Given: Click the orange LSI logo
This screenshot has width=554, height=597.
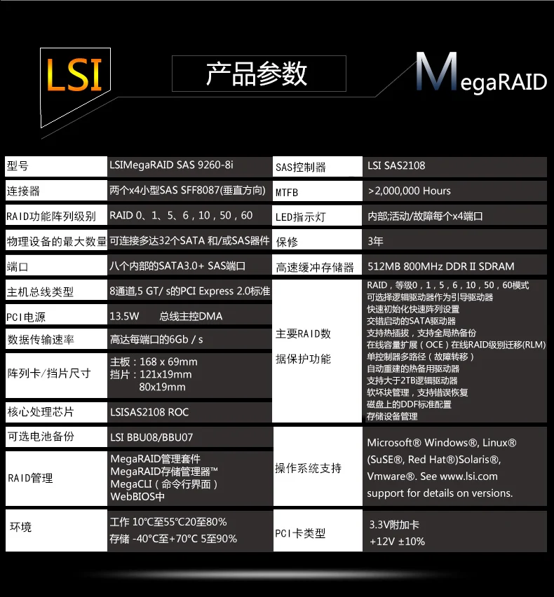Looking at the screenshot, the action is (x=74, y=74).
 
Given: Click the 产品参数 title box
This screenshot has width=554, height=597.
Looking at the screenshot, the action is (x=257, y=74).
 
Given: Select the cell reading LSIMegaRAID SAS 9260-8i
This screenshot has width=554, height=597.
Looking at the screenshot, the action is (x=172, y=165).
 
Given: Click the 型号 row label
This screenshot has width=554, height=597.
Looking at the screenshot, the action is (x=18, y=166).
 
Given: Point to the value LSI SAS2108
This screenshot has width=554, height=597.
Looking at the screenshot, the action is (x=396, y=166).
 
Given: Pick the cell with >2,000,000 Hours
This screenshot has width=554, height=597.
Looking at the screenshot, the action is (x=410, y=191).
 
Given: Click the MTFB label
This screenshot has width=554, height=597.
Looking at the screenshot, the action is (x=287, y=192).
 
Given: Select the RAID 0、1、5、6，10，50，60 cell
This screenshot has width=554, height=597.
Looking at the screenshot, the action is (x=182, y=216).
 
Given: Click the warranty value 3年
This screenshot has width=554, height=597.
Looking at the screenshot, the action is (x=376, y=242).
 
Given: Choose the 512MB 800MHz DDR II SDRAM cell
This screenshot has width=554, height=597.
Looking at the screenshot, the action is (x=441, y=266).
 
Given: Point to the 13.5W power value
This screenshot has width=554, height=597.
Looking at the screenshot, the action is (x=125, y=316).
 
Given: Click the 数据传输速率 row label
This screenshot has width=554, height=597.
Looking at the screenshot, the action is (x=40, y=340).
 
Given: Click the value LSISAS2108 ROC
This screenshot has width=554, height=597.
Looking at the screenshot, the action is (x=149, y=412).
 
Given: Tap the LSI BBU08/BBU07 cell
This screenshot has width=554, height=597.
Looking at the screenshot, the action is (x=151, y=437).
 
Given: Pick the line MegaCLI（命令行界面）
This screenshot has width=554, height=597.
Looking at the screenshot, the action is (x=165, y=484).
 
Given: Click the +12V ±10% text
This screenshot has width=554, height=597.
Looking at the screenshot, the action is (x=398, y=541).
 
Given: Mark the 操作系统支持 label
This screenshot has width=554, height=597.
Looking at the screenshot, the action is (x=308, y=468).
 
